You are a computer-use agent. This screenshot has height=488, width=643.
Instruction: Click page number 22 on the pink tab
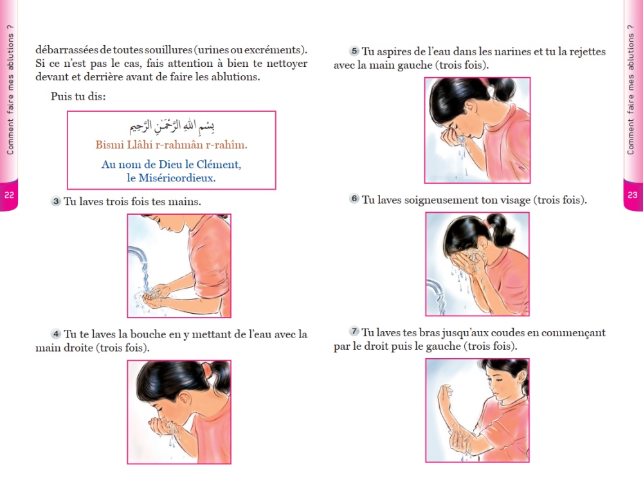(9, 195)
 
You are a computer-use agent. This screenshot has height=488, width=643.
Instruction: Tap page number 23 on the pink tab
(632, 195)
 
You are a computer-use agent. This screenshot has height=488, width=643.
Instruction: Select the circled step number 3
(56, 202)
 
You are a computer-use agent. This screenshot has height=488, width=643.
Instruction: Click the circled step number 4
(56, 334)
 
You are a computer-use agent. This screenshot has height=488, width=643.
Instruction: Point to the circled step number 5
(354, 51)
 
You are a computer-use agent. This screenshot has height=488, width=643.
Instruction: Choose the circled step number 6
(354, 199)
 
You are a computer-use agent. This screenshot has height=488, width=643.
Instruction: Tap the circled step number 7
(354, 332)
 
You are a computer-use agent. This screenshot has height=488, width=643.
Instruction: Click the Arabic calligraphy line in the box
(172, 126)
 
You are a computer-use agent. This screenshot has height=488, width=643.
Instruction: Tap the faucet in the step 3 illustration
(138, 255)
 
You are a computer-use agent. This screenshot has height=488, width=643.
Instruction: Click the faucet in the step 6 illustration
(435, 289)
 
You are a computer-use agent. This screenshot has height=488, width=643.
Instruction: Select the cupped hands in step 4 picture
(166, 426)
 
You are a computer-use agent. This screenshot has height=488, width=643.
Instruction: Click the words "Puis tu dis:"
(78, 96)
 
